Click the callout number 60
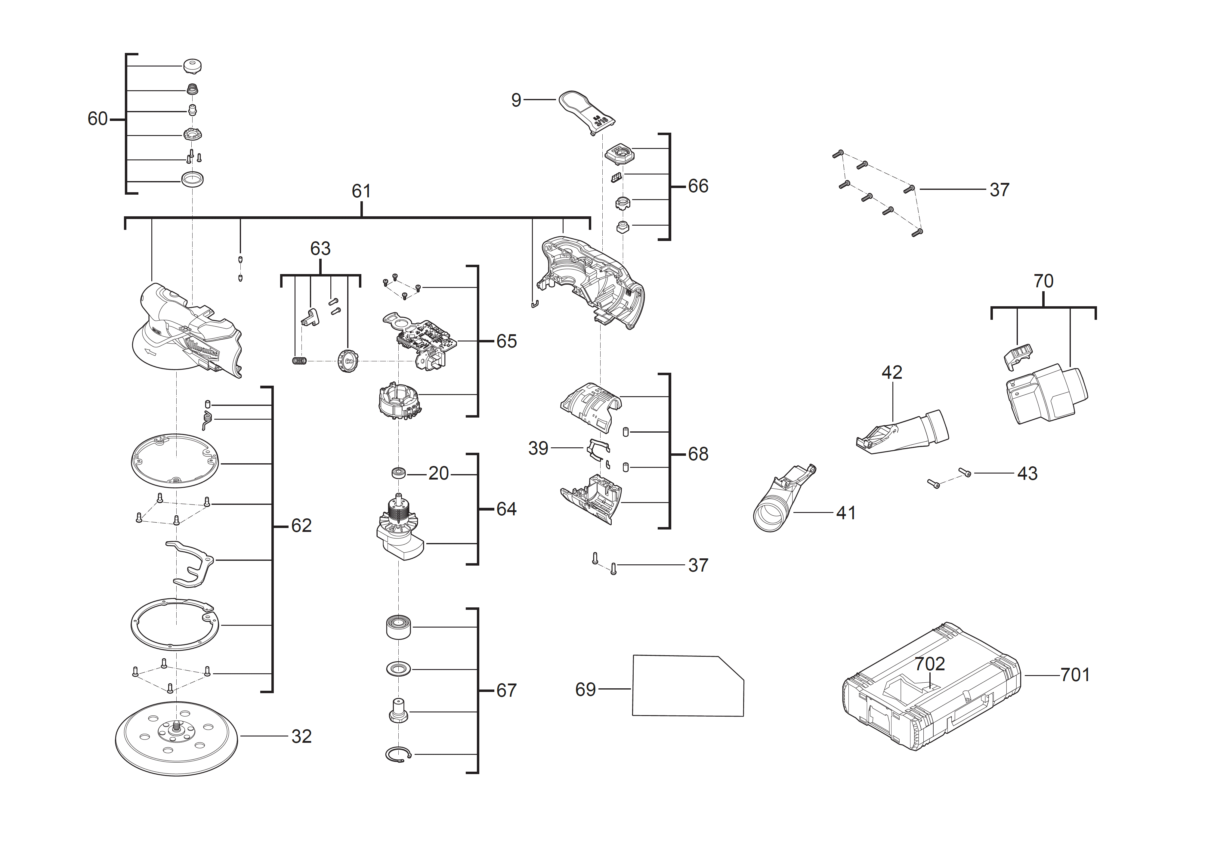point(97,119)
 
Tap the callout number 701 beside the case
point(1074,675)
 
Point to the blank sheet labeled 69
point(687,687)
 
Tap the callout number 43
point(1027,474)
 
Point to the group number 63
point(320,249)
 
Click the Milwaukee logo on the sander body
point(202,348)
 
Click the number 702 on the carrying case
point(929,664)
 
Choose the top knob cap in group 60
point(193,66)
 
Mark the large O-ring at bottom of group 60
point(192,179)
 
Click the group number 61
point(361,191)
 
